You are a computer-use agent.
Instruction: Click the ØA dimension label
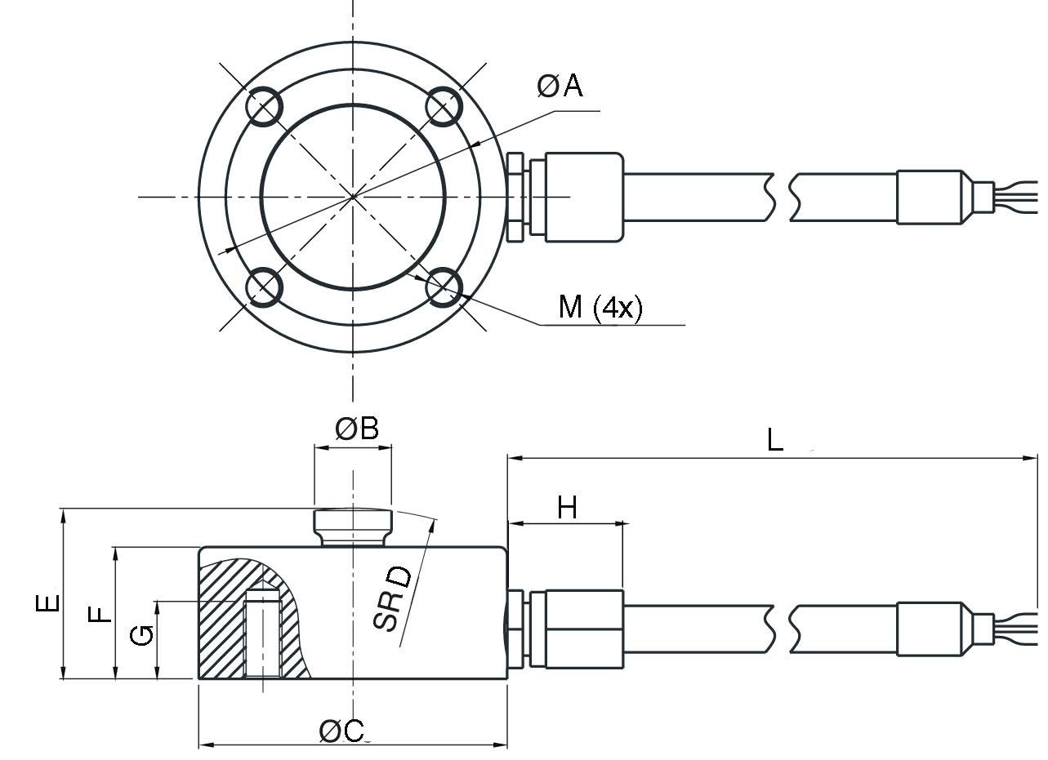click(560, 85)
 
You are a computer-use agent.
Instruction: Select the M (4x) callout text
click(600, 307)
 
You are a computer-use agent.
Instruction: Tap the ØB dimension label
click(358, 429)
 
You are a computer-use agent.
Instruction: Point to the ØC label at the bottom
click(342, 731)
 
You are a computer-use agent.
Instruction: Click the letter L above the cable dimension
click(775, 441)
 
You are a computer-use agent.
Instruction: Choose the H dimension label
click(567, 508)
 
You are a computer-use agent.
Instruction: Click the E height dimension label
click(48, 602)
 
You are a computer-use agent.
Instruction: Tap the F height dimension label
click(99, 613)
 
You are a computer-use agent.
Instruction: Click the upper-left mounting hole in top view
click(264, 105)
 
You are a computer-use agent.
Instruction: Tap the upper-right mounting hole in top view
click(444, 105)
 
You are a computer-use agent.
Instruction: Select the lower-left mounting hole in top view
click(264, 287)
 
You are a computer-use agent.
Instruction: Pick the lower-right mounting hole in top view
click(444, 287)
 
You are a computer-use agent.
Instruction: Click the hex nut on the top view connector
click(515, 197)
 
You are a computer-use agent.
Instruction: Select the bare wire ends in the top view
click(1016, 198)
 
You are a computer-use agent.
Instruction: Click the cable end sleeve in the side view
click(930, 629)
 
